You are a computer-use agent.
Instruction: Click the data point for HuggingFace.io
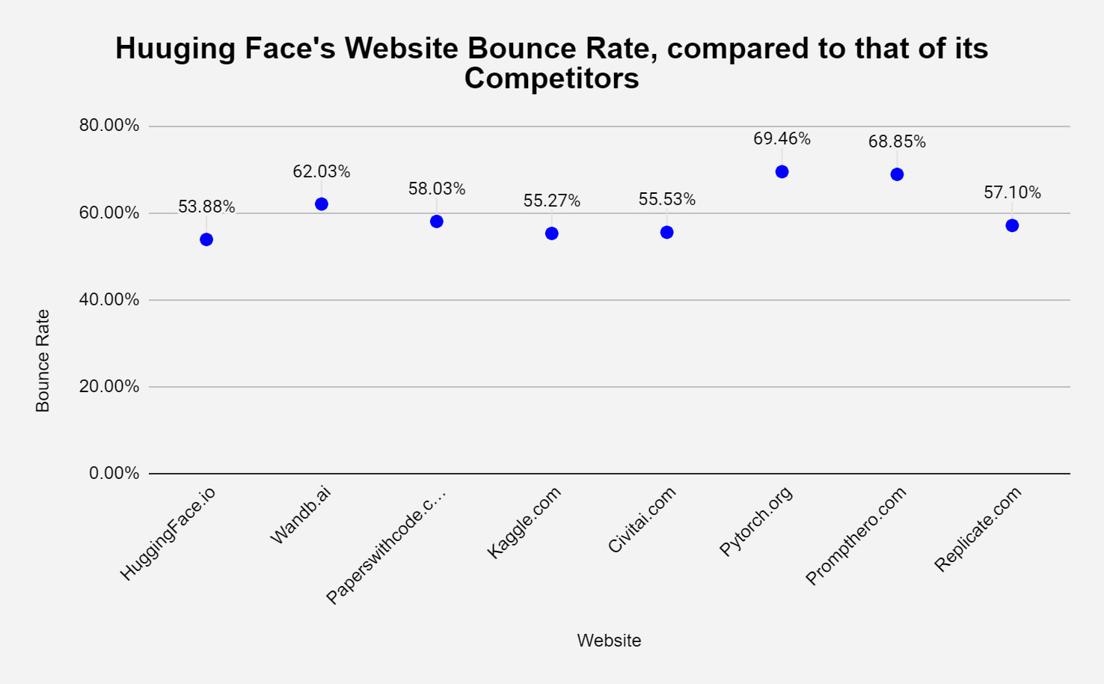pyautogui.click(x=206, y=239)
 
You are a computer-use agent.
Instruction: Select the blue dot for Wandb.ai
pyautogui.click(x=322, y=204)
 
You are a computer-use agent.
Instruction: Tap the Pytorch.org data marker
pyautogui.click(x=782, y=172)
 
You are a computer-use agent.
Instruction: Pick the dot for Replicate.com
pyautogui.click(x=1012, y=225)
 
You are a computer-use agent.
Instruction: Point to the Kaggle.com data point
pyautogui.click(x=552, y=233)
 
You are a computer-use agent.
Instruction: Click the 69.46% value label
pyautogui.click(x=782, y=138)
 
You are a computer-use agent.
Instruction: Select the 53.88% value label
pyautogui.click(x=206, y=207)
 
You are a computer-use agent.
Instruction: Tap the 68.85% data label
pyautogui.click(x=897, y=141)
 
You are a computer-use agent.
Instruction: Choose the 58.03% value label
pyautogui.click(x=437, y=189)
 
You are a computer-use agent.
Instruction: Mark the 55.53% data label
pyautogui.click(x=666, y=199)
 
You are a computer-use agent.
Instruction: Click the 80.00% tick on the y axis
pyautogui.click(x=109, y=125)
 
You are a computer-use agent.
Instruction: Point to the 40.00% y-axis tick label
pyautogui.click(x=109, y=299)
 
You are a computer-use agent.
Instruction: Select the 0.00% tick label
pyautogui.click(x=114, y=473)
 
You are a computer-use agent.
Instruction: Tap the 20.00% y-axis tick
pyautogui.click(x=109, y=386)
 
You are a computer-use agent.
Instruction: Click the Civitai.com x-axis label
pyautogui.click(x=642, y=519)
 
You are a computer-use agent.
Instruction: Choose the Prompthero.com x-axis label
pyautogui.click(x=856, y=535)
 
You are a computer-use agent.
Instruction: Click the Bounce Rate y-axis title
pyautogui.click(x=43, y=361)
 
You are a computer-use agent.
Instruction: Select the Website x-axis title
pyautogui.click(x=609, y=641)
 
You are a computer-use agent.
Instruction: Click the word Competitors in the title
pyautogui.click(x=551, y=79)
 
